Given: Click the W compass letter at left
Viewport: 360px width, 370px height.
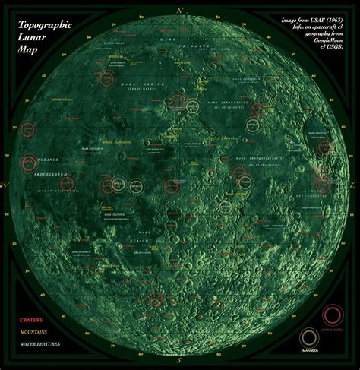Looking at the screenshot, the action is pyautogui.click(x=6, y=185).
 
